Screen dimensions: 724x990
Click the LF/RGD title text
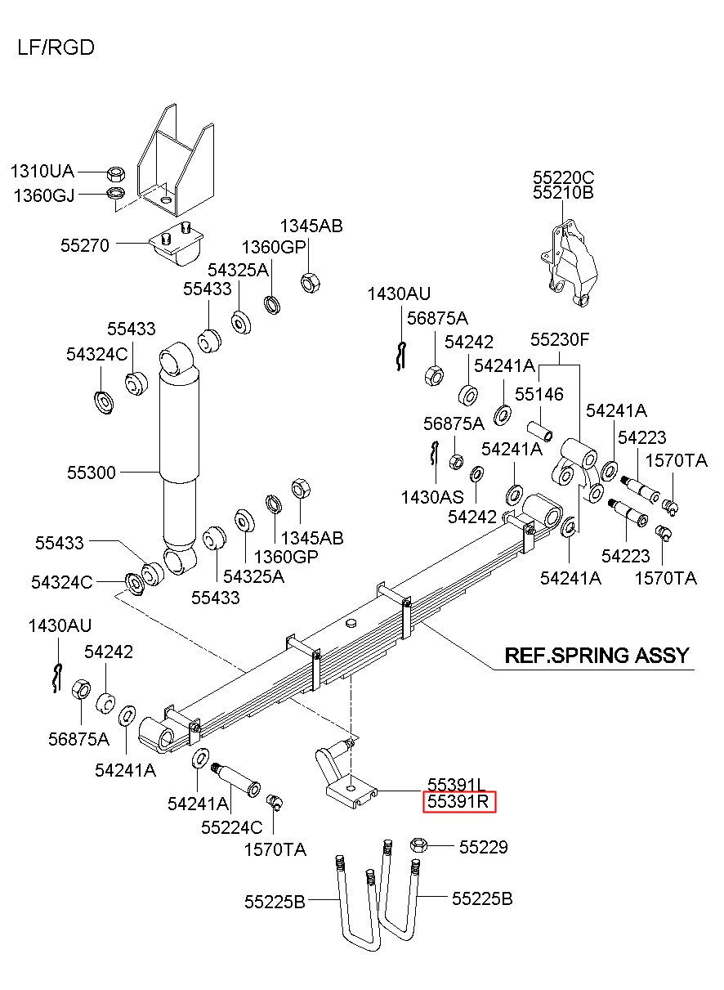56,47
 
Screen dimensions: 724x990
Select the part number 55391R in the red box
458,801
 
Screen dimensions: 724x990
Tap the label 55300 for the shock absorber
92,473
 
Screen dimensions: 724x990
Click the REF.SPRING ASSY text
597,655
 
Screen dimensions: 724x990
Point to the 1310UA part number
42,171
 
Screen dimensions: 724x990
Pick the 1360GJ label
44,195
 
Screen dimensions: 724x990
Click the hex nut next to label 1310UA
116,173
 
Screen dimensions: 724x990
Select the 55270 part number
85,245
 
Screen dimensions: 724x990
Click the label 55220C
563,177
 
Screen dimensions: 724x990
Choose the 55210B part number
563,193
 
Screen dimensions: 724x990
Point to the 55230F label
560,339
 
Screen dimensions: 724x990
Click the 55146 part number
539,394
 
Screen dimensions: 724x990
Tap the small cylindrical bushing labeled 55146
541,432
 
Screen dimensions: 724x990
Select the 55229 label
483,847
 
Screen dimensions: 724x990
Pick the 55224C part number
232,827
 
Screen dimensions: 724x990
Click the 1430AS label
432,498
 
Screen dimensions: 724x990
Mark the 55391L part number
456,785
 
